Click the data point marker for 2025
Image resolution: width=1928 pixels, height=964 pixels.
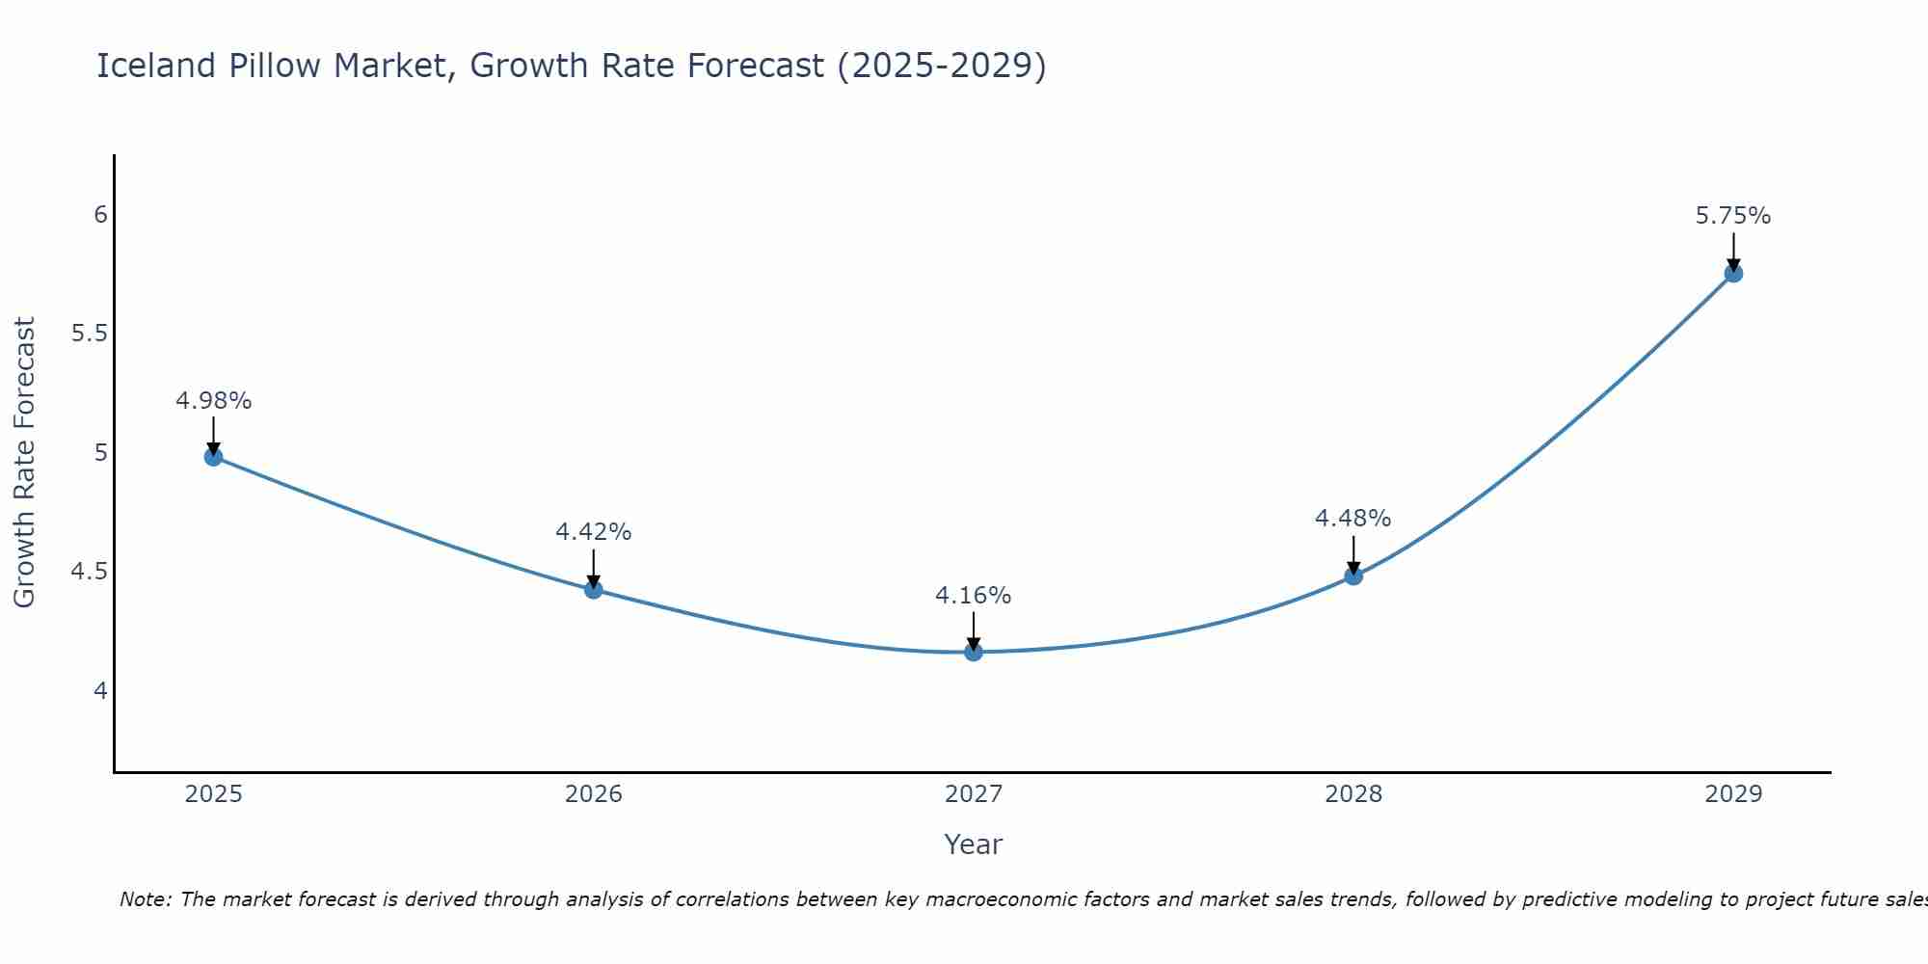(x=213, y=457)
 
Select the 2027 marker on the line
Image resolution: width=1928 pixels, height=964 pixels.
(x=974, y=653)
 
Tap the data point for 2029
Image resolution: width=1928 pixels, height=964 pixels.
(x=1733, y=274)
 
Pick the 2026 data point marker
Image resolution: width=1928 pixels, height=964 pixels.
(x=594, y=590)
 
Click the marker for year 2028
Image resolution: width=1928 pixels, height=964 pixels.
(x=1353, y=576)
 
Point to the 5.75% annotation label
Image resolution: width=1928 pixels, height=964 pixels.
(x=1733, y=216)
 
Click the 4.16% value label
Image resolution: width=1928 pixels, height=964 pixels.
(x=974, y=596)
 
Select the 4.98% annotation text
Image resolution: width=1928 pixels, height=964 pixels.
(x=213, y=400)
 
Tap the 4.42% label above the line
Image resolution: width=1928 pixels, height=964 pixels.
(x=594, y=531)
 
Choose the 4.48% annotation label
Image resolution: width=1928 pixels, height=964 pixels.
(x=1353, y=518)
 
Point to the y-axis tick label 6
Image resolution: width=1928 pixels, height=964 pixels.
(x=100, y=214)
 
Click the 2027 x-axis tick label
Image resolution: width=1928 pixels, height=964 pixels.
(x=974, y=794)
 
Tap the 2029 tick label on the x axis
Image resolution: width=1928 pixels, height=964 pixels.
(x=1733, y=794)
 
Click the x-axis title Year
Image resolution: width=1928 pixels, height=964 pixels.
(x=974, y=844)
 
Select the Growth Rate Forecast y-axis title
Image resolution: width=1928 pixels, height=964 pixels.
(x=24, y=463)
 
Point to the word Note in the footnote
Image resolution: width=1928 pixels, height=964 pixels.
(x=145, y=899)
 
